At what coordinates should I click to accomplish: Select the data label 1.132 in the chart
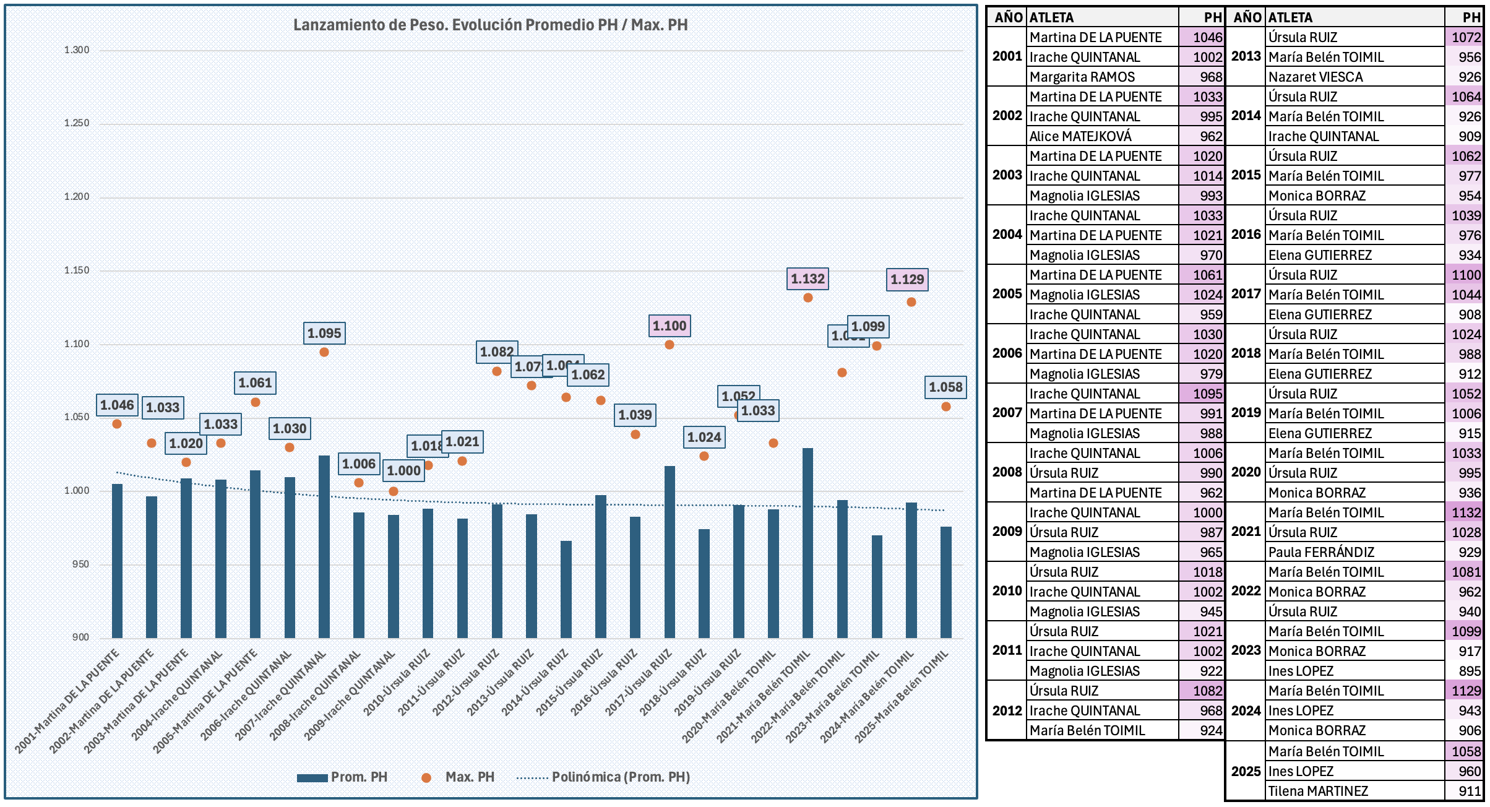[807, 279]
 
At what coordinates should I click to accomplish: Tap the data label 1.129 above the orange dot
[907, 280]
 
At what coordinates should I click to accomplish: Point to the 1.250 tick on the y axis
[77, 123]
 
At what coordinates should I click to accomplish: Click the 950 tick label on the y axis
[80, 564]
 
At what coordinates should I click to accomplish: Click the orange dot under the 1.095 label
[324, 352]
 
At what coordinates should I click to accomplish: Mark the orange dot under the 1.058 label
[945, 407]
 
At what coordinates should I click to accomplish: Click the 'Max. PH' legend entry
[469, 777]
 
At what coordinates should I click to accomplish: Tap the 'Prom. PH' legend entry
[358, 777]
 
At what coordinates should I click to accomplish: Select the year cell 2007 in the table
[1007, 413]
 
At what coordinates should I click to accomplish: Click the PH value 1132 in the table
[1466, 513]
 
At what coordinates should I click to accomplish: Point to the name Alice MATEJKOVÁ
[1080, 136]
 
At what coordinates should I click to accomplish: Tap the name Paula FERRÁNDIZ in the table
[1321, 553]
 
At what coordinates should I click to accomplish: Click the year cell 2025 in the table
[1246, 771]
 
